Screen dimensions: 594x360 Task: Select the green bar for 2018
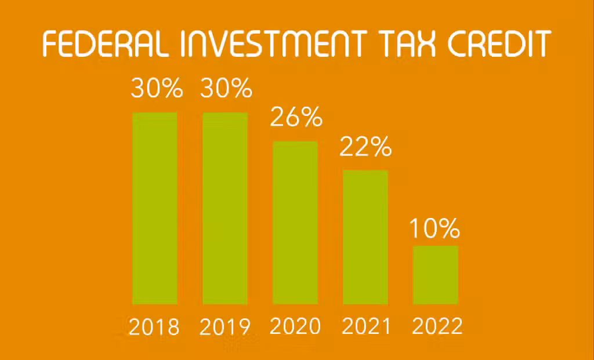(x=154, y=208)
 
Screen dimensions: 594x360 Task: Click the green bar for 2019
(x=225, y=208)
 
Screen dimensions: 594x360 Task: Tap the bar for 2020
(x=295, y=223)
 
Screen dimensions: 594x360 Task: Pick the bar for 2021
(x=365, y=237)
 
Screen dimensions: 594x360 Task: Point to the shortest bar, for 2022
(x=435, y=275)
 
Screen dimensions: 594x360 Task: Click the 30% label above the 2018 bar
(x=157, y=88)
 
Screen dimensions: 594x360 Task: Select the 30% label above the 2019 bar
(x=226, y=88)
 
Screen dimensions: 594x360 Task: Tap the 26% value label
(x=296, y=117)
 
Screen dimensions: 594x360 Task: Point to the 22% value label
(x=365, y=147)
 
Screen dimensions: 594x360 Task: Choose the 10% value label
(x=435, y=228)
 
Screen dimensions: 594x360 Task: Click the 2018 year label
(x=154, y=326)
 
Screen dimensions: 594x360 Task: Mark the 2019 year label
(x=225, y=326)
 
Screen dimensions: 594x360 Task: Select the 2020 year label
(x=295, y=326)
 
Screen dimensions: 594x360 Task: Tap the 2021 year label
(x=366, y=326)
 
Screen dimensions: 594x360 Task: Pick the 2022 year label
(x=437, y=326)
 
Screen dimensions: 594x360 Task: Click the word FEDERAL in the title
(x=106, y=43)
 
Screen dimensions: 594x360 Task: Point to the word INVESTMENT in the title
(x=273, y=43)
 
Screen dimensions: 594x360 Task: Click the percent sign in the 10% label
(x=450, y=228)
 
